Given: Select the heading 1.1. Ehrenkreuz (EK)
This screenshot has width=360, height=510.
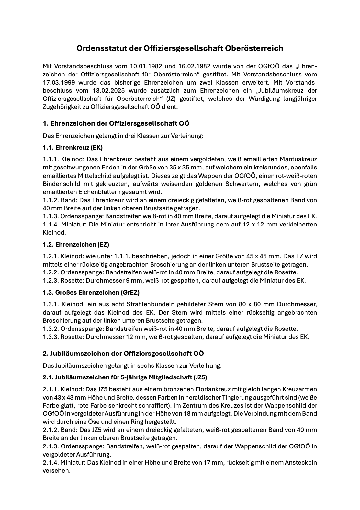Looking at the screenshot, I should pyautogui.click(x=73, y=148).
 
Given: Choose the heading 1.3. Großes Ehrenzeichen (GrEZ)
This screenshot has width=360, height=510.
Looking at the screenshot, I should pyautogui.click(x=91, y=292).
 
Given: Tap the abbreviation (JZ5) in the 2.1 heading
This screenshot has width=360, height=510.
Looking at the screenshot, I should pyautogui.click(x=200, y=377).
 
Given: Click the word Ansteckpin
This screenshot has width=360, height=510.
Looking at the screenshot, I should pyautogui.click(x=300, y=462).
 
